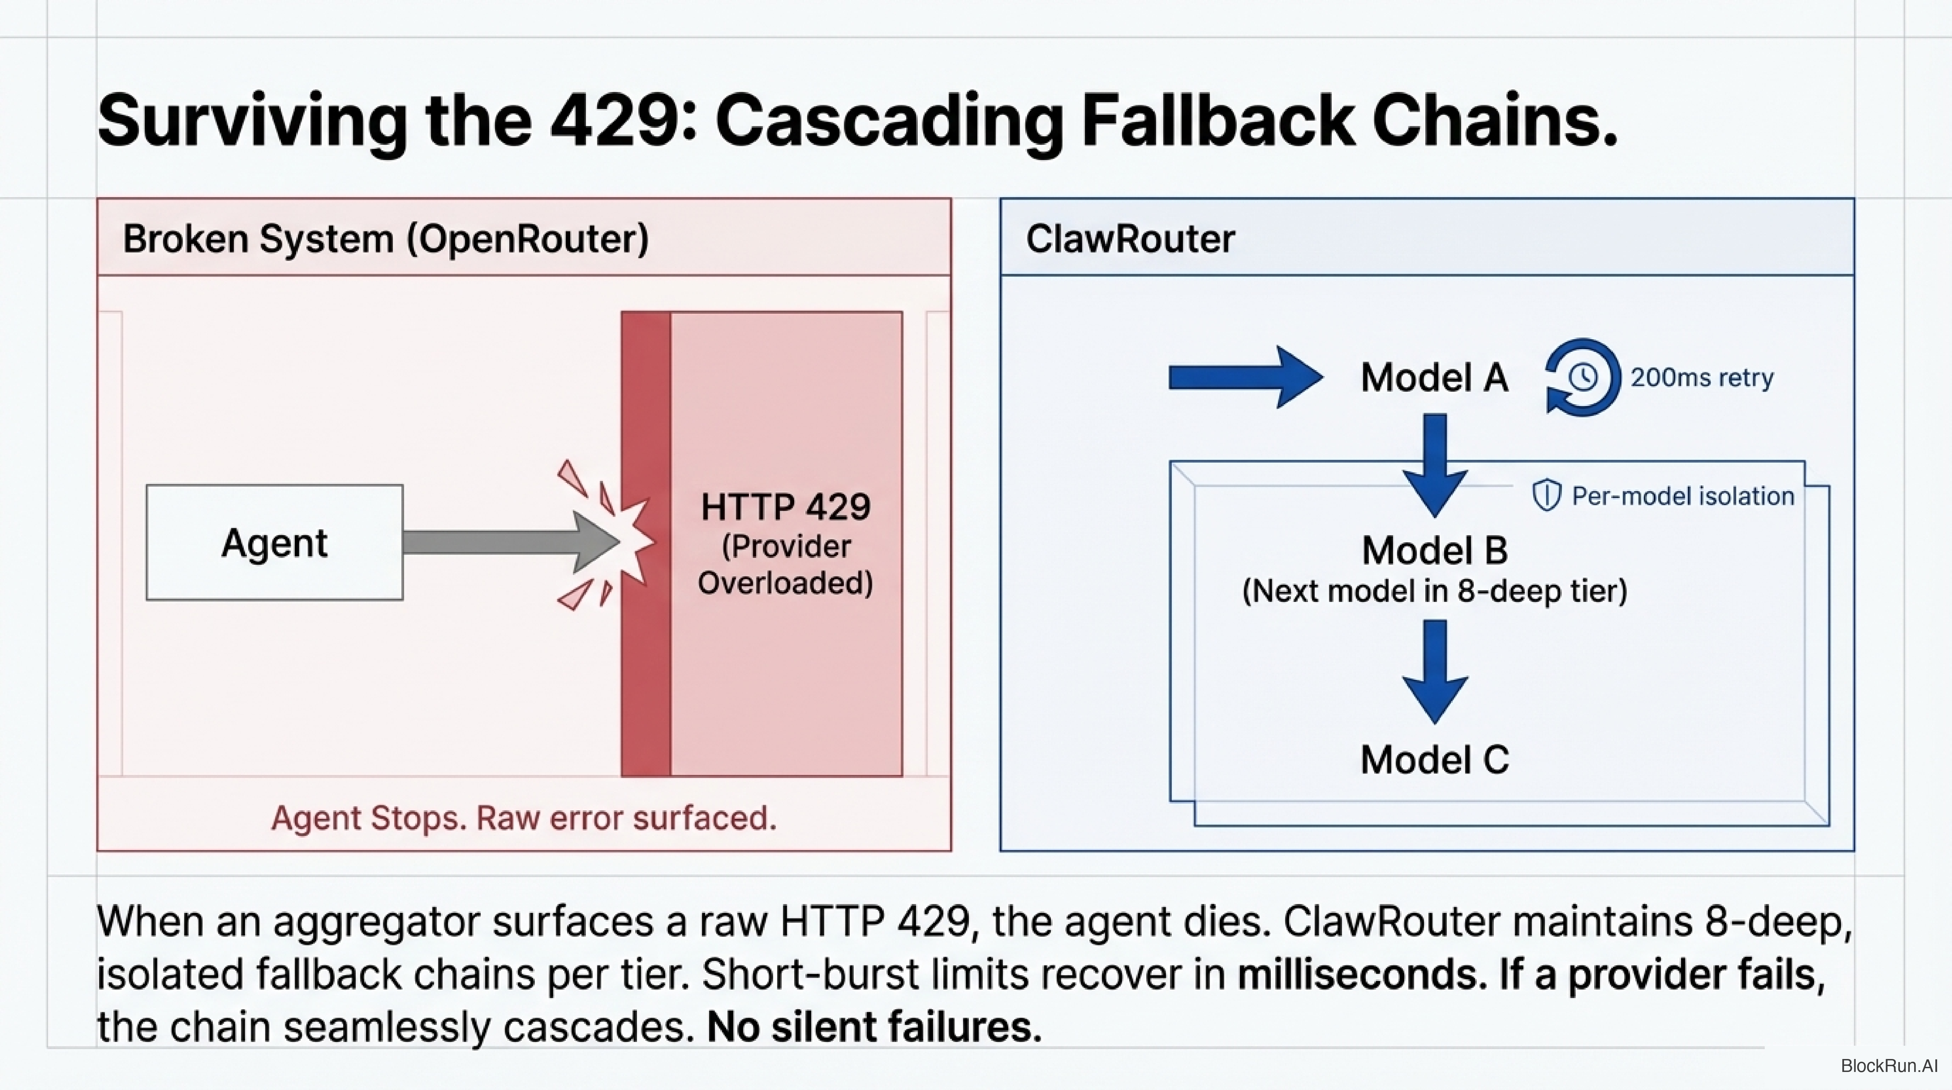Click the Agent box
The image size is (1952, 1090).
click(274, 543)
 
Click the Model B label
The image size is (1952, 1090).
click(1435, 550)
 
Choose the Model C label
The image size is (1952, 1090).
click(1435, 760)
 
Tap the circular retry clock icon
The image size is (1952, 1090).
click(1582, 377)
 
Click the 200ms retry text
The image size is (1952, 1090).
click(1702, 377)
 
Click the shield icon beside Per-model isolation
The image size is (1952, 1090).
click(1547, 496)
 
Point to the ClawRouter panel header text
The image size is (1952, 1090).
click(1130, 239)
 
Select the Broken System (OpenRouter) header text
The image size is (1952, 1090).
click(386, 239)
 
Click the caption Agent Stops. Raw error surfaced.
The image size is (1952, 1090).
click(524, 818)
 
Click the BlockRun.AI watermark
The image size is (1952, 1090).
click(1888, 1066)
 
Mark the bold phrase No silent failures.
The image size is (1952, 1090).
click(874, 1027)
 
